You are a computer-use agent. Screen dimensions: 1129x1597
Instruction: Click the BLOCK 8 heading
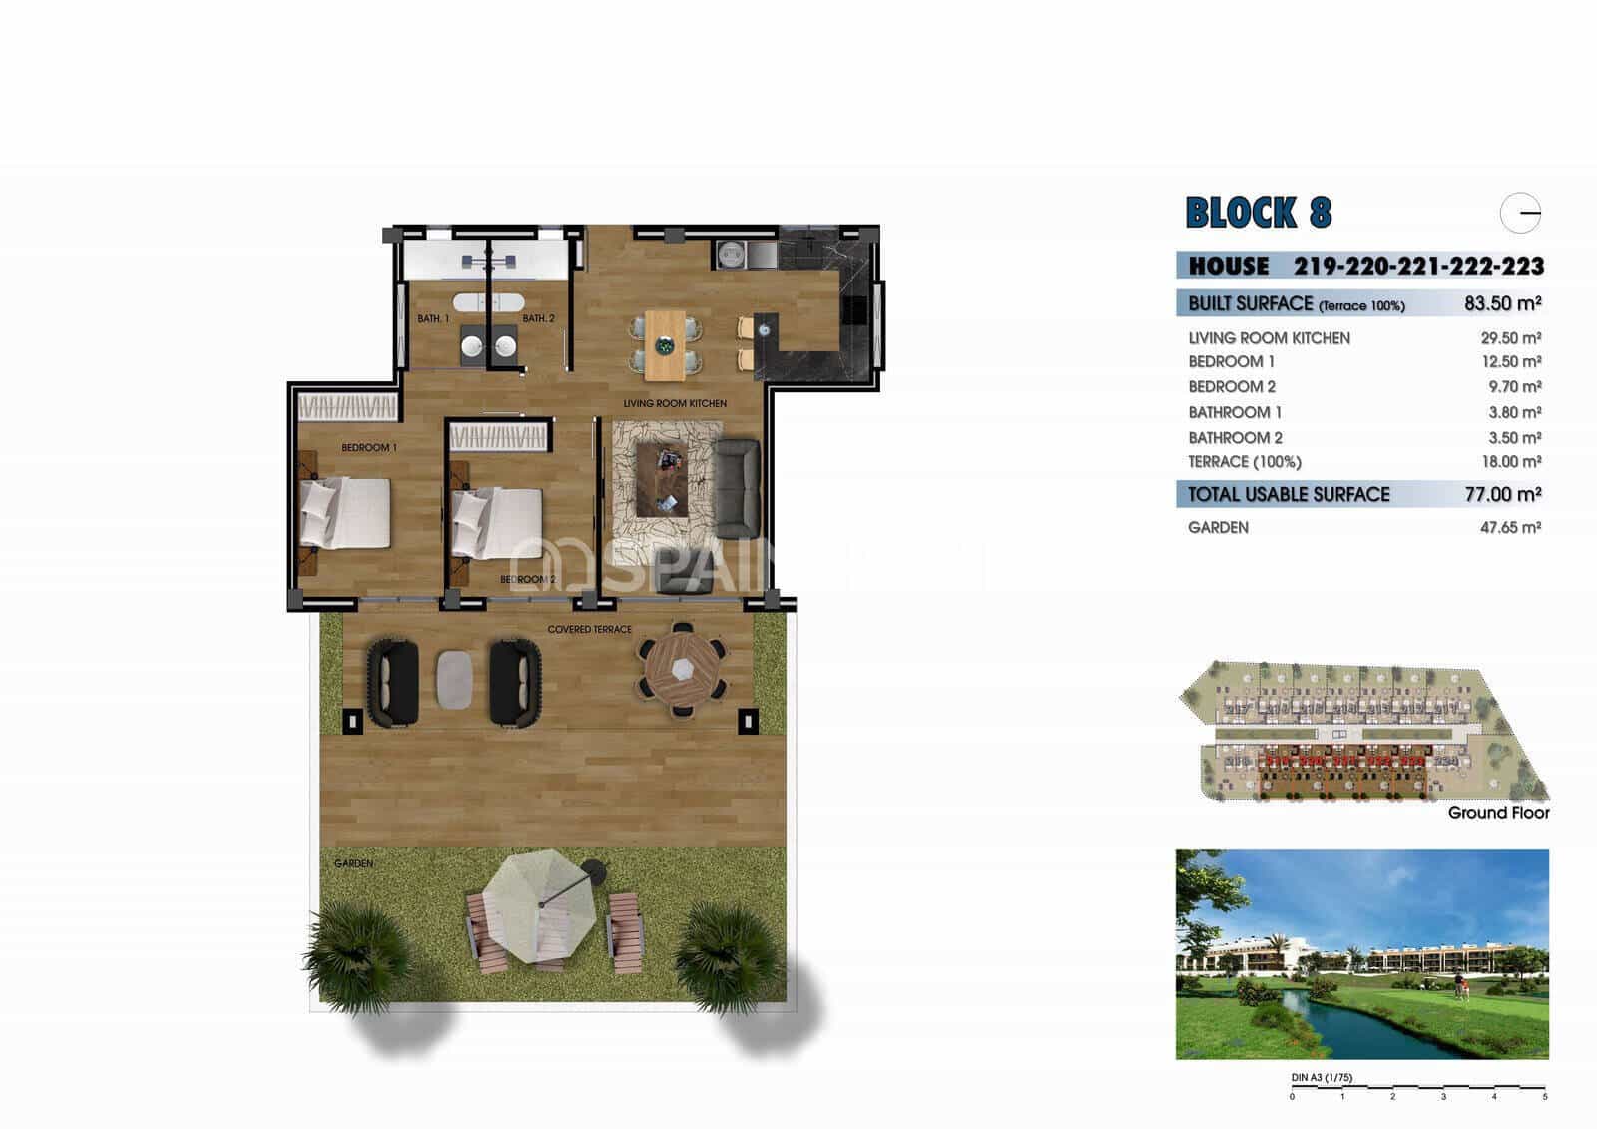(1258, 213)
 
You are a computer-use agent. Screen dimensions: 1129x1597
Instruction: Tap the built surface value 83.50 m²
(1502, 303)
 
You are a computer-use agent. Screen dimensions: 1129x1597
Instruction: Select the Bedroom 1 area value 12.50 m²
(1510, 362)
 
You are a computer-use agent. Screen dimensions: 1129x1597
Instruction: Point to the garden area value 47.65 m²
(1510, 527)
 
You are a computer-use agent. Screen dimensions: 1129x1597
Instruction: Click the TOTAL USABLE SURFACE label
(1289, 494)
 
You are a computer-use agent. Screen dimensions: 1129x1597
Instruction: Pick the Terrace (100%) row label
(1244, 462)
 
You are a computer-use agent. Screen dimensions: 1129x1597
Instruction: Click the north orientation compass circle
(1520, 213)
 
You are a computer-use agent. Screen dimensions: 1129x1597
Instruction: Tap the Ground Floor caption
(1498, 813)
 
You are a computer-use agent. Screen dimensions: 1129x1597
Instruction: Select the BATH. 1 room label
(433, 319)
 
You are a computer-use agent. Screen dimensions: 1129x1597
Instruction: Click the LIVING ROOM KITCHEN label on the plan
(675, 403)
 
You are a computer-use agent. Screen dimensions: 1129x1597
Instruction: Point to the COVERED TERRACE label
(589, 630)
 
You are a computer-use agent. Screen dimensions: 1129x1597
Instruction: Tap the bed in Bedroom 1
(346, 513)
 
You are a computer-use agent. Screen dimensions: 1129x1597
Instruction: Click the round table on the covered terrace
(683, 669)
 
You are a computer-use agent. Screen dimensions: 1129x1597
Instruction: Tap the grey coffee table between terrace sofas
(454, 679)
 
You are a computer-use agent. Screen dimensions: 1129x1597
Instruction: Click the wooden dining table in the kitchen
(665, 345)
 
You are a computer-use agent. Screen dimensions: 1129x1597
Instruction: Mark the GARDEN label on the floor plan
(353, 863)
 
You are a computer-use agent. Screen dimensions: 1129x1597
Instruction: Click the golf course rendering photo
(1361, 954)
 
